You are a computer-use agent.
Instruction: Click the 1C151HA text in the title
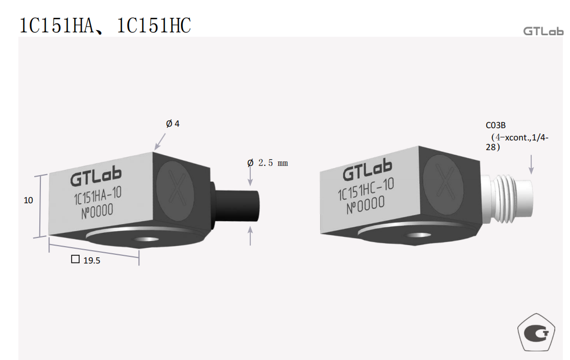(x=56, y=26)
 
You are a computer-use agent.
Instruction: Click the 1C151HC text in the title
(x=154, y=26)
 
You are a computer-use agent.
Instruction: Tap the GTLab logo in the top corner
(x=543, y=31)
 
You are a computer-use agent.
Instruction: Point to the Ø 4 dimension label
(x=173, y=124)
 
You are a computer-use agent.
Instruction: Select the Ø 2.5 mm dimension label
(x=268, y=163)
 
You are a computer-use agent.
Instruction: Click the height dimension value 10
(x=29, y=200)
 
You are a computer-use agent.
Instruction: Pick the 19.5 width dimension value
(x=91, y=260)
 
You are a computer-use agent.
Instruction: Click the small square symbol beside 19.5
(x=75, y=259)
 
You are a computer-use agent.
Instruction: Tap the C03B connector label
(x=496, y=125)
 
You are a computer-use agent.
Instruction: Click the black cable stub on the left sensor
(x=236, y=205)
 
